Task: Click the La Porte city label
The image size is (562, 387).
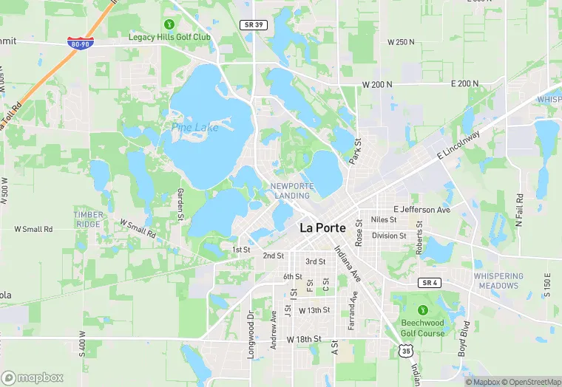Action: tap(323, 228)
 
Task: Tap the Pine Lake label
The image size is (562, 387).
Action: tap(195, 128)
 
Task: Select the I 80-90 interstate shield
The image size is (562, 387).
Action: tap(79, 44)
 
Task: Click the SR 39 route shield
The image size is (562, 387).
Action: tap(253, 25)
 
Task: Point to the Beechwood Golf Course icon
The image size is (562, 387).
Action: tap(423, 309)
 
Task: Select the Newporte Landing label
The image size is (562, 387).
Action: tap(292, 191)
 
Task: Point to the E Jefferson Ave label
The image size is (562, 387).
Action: tap(421, 210)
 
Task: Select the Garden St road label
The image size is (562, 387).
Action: tap(180, 204)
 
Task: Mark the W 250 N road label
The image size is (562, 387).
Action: tap(402, 42)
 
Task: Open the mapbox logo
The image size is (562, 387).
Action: tap(33, 377)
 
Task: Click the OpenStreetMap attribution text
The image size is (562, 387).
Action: tap(529, 382)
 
